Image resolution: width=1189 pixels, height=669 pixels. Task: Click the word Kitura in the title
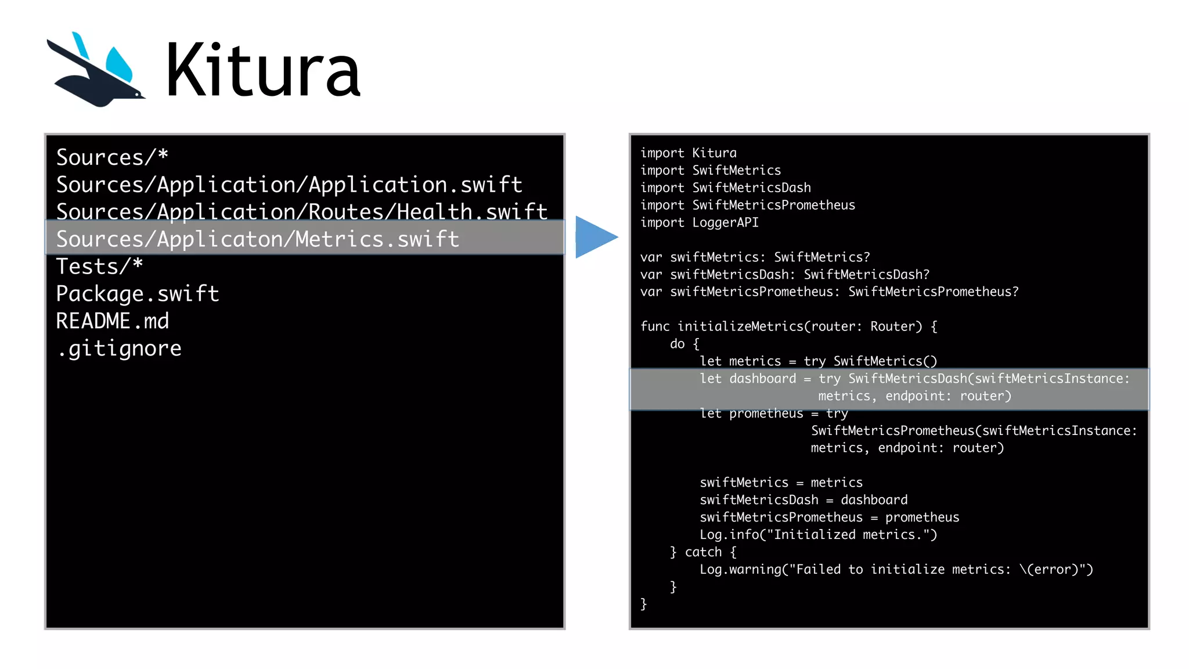coord(263,71)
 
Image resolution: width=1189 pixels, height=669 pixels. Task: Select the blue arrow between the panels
coord(595,237)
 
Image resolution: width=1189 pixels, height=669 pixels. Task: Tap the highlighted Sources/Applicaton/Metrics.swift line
coord(258,239)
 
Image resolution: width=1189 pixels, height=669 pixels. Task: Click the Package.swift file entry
coord(138,294)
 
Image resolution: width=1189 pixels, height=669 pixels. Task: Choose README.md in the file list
coord(113,321)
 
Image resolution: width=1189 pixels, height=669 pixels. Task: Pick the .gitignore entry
coord(119,348)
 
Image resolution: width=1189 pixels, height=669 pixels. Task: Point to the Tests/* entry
coord(99,267)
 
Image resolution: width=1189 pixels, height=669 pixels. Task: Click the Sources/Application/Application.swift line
coord(289,185)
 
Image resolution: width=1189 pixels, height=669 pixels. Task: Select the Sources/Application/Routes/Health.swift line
coord(302,212)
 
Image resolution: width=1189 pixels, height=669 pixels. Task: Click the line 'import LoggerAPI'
coord(699,222)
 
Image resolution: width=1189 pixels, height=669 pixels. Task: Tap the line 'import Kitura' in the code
coord(688,153)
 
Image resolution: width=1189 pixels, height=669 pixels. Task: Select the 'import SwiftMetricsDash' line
coord(725,188)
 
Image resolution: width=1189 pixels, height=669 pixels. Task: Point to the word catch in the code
coord(703,552)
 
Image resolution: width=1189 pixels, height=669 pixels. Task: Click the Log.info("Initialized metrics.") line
coord(818,534)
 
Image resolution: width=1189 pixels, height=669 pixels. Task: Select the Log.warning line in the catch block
coord(896,569)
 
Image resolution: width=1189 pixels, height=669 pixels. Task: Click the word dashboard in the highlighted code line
coord(762,379)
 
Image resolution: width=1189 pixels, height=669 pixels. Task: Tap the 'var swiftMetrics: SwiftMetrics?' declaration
coord(755,257)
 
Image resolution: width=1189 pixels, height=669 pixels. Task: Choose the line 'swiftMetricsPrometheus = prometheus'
coord(829,517)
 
